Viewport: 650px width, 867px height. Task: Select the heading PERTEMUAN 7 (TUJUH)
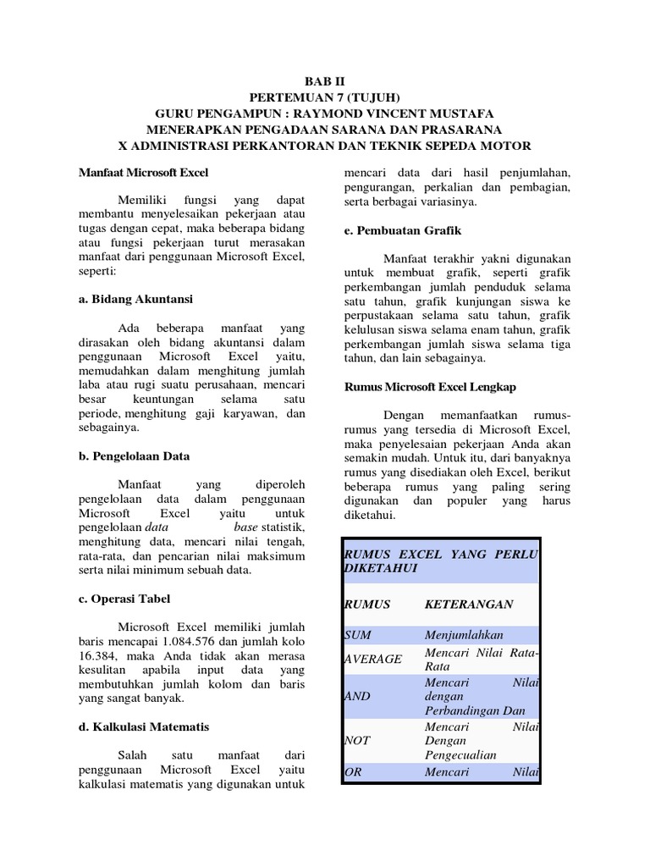tap(324, 97)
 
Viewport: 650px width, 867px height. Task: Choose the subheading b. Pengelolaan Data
tap(135, 456)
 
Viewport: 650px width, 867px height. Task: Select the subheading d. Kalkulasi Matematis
tap(144, 726)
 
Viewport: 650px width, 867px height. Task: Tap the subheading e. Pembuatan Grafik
tap(402, 230)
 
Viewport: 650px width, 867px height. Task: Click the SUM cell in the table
tap(357, 635)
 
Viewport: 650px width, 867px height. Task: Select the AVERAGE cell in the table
tap(372, 659)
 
